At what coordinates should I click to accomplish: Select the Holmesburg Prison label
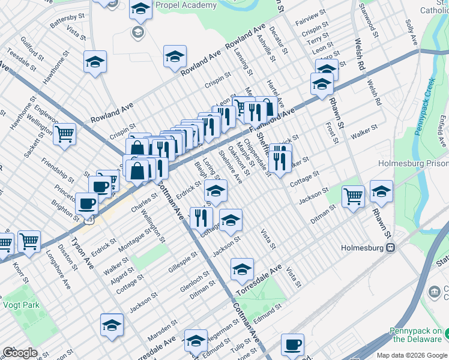(413, 163)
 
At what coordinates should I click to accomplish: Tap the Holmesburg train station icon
(391, 247)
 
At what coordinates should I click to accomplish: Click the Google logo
(20, 353)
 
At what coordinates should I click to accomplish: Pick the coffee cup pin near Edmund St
(292, 344)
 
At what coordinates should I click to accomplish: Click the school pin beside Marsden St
(112, 325)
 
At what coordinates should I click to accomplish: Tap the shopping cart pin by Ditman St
(353, 195)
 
